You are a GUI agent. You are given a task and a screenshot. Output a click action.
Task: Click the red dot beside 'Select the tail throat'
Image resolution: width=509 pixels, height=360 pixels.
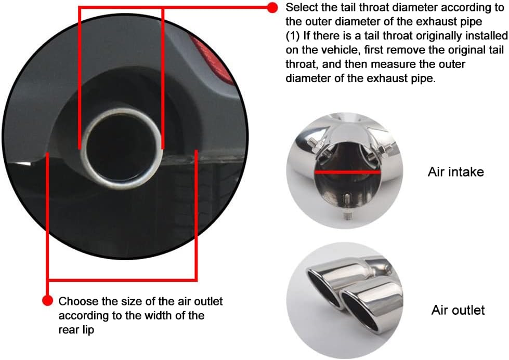[x=272, y=8]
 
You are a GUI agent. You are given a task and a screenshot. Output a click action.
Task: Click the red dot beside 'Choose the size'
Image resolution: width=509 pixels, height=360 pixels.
[x=47, y=301]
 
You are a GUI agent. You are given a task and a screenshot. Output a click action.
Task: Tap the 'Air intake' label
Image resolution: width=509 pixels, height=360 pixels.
[x=456, y=172]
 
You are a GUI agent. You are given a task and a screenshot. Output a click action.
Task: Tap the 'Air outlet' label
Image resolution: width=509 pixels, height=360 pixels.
[x=458, y=310]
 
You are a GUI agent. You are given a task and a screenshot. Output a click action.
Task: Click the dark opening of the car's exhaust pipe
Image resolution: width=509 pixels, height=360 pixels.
[x=121, y=148]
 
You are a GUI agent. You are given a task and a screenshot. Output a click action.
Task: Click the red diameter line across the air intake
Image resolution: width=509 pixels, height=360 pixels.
[x=347, y=172]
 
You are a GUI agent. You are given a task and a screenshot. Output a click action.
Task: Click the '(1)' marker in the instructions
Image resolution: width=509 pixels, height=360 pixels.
[x=293, y=36]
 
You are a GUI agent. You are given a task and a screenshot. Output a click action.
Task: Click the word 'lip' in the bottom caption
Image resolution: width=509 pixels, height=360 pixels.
[x=88, y=330]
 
